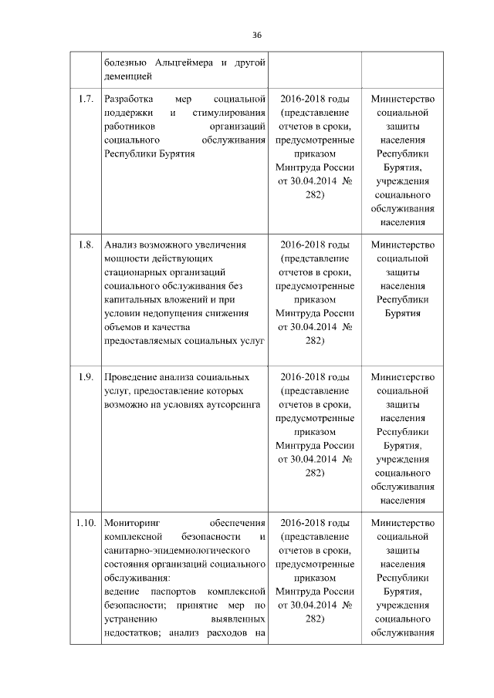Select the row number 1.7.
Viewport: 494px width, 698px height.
[85, 99]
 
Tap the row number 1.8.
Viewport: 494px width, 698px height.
[85, 245]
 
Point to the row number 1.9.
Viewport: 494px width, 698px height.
[85, 377]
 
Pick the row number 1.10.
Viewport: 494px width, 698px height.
[84, 524]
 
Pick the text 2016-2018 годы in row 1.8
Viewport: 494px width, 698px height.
[314, 245]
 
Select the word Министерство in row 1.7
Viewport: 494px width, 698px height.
[402, 99]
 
